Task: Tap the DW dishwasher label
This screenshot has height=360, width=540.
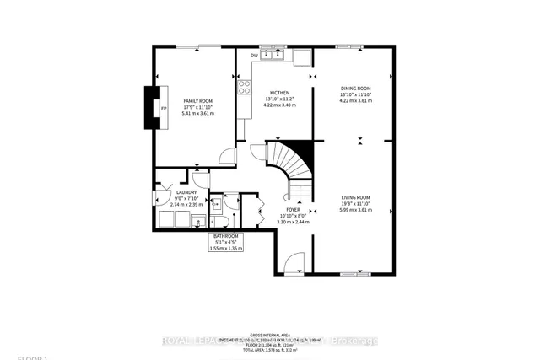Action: pos(255,57)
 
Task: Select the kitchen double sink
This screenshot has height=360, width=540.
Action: pos(271,55)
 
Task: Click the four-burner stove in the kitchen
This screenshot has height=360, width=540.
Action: pos(244,85)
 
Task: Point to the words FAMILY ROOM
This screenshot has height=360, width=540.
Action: pos(198,101)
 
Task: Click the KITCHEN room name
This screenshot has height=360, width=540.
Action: pos(280,93)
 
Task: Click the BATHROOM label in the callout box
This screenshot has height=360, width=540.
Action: pos(225,236)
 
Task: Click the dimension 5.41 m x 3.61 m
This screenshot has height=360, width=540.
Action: pos(198,113)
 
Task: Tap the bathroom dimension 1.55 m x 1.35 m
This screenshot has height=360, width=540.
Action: pos(225,249)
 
